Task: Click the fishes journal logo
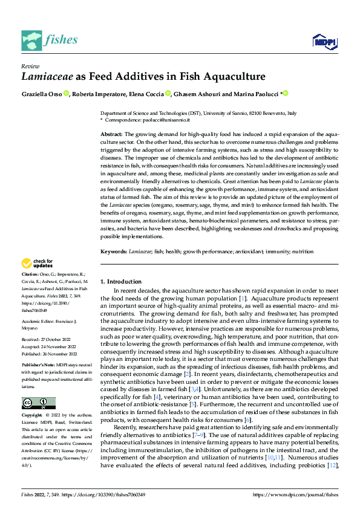pyautogui.click(x=50, y=40)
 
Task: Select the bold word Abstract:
pyautogui.click(x=111, y=133)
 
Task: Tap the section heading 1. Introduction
pyautogui.click(x=121, y=282)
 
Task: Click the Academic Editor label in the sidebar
pyautogui.click(x=41, y=322)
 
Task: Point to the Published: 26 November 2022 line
pyautogui.click(x=48, y=354)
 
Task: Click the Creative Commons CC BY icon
pyautogui.click(x=38, y=403)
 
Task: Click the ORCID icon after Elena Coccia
pyautogui.click(x=168, y=94)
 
